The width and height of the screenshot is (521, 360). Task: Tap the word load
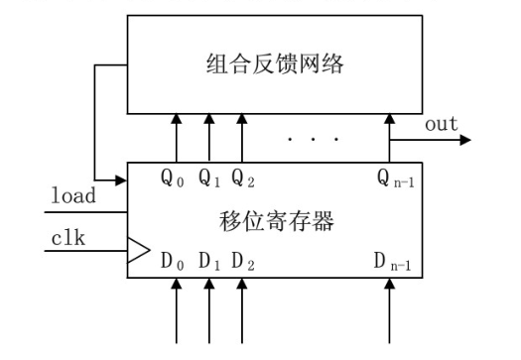coord(73,196)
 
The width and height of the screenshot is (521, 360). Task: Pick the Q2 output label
coord(241,180)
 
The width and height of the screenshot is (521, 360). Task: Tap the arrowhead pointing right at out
coord(464,140)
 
